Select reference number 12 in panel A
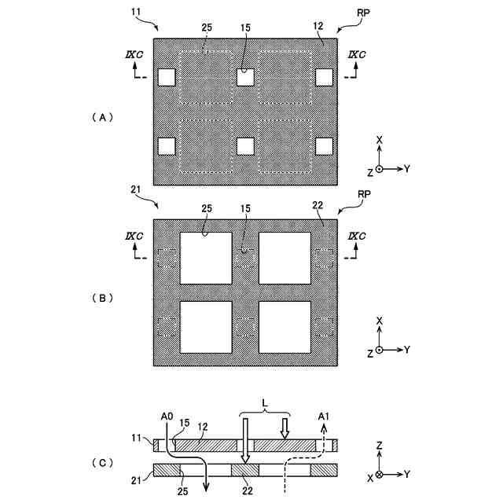click(x=318, y=27)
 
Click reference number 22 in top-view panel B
click(x=318, y=205)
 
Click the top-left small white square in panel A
click(x=167, y=77)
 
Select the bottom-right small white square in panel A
click(x=324, y=146)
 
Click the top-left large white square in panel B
click(x=206, y=258)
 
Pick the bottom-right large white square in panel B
click(x=285, y=327)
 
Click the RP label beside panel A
click(x=364, y=13)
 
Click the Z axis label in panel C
click(x=380, y=445)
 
